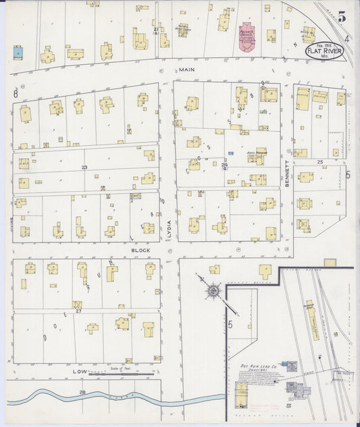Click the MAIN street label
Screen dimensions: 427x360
[x=187, y=70]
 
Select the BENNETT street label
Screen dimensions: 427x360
[x=286, y=173]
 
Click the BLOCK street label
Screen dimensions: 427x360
[x=141, y=250]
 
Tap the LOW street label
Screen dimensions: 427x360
[x=80, y=372]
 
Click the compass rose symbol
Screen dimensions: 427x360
[x=213, y=291]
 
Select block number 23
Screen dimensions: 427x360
[x=84, y=167]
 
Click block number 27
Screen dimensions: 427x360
[x=78, y=311]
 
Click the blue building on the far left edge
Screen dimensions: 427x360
[x=18, y=51]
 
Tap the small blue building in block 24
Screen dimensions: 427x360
[x=230, y=154]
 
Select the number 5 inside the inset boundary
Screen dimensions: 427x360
[x=230, y=325]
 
